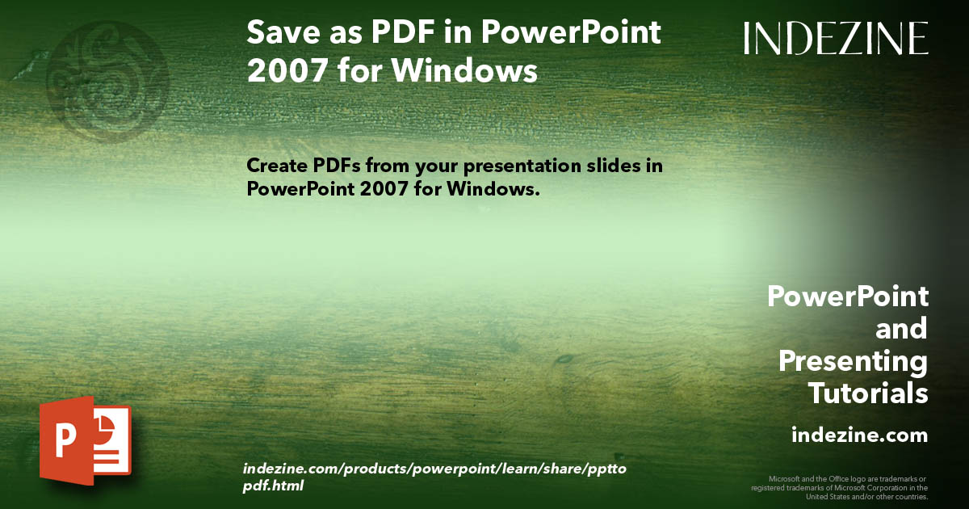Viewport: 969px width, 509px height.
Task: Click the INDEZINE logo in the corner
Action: (x=836, y=38)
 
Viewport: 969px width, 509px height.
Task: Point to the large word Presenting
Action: (x=853, y=361)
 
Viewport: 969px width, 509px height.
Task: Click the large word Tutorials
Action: (x=868, y=393)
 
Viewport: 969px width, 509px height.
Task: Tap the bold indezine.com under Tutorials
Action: (x=859, y=435)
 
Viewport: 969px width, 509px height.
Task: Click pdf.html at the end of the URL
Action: (x=273, y=486)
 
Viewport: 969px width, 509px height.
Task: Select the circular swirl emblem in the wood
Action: (x=107, y=72)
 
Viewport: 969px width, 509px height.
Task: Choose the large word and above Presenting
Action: (x=901, y=329)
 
